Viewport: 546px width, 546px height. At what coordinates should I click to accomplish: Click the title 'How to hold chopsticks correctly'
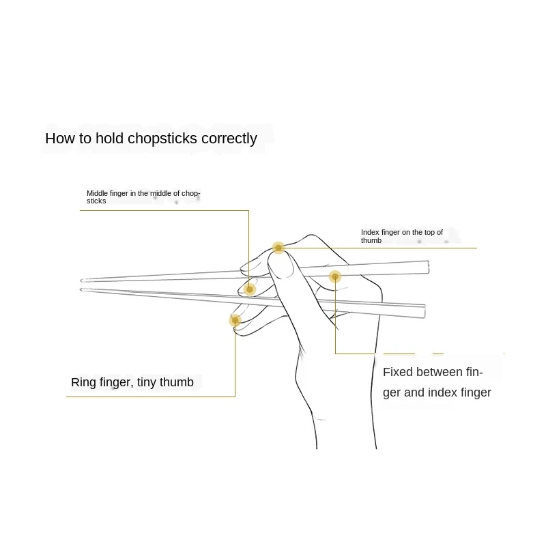[151, 139]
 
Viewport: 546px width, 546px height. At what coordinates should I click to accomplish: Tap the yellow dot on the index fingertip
[278, 248]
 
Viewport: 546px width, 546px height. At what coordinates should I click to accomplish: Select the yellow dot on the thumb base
[335, 276]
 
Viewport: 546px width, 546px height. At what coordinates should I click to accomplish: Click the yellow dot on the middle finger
[250, 289]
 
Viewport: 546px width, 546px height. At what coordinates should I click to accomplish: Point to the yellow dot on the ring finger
[235, 319]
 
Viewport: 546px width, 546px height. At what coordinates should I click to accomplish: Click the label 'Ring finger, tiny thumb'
[132, 382]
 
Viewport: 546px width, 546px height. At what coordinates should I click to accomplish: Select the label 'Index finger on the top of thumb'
[402, 236]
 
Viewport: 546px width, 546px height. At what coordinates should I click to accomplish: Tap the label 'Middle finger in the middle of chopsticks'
[143, 197]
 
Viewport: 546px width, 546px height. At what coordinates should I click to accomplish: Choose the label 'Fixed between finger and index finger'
[437, 382]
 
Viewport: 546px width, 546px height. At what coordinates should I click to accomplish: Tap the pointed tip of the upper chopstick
[82, 279]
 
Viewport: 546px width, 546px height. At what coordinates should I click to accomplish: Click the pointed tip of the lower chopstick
[82, 289]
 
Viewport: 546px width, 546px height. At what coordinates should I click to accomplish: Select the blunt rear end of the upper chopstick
[427, 266]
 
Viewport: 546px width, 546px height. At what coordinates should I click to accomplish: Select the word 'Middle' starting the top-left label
[97, 194]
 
